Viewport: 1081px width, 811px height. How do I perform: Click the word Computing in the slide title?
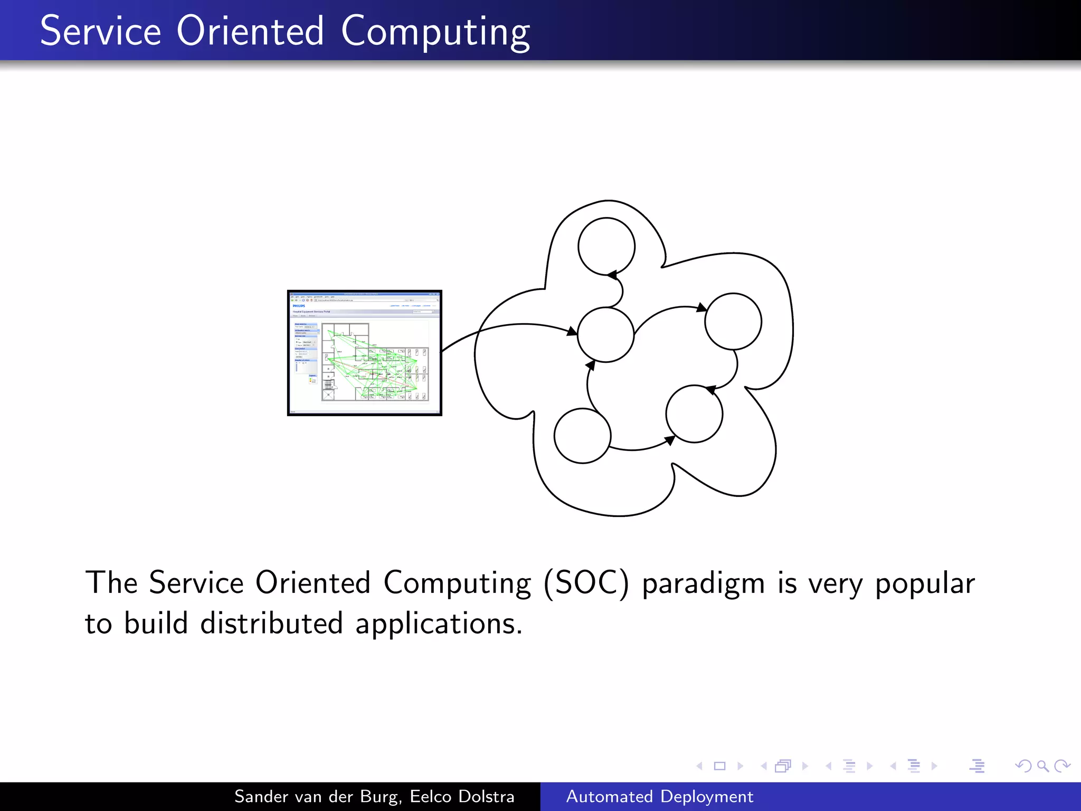[x=435, y=32]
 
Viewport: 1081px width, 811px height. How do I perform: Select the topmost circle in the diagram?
[x=606, y=246]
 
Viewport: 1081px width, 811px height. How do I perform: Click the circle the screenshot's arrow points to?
[x=605, y=335]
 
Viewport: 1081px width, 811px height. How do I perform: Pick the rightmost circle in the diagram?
[x=733, y=321]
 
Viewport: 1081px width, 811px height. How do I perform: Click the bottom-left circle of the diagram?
[x=582, y=436]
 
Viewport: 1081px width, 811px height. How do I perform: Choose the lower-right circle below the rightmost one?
[x=694, y=414]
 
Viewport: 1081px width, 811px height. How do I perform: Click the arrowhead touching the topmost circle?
[x=612, y=275]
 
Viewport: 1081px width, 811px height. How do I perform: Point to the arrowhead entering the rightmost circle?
[x=701, y=307]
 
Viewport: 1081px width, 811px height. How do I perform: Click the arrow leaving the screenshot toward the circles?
[x=507, y=326]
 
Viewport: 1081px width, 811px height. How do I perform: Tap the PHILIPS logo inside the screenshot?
[x=299, y=306]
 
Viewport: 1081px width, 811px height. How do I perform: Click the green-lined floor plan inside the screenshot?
[x=374, y=362]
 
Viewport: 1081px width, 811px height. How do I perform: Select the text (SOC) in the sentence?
[x=586, y=583]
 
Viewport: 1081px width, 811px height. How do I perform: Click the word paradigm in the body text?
[x=703, y=583]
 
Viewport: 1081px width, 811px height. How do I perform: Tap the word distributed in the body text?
[x=271, y=624]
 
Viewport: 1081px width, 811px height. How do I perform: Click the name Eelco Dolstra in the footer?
[x=462, y=796]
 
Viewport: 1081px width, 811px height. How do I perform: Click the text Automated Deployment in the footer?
[x=659, y=796]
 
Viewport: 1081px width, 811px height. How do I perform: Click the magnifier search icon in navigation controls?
[x=1042, y=766]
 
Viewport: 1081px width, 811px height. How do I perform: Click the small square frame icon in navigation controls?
[x=719, y=766]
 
